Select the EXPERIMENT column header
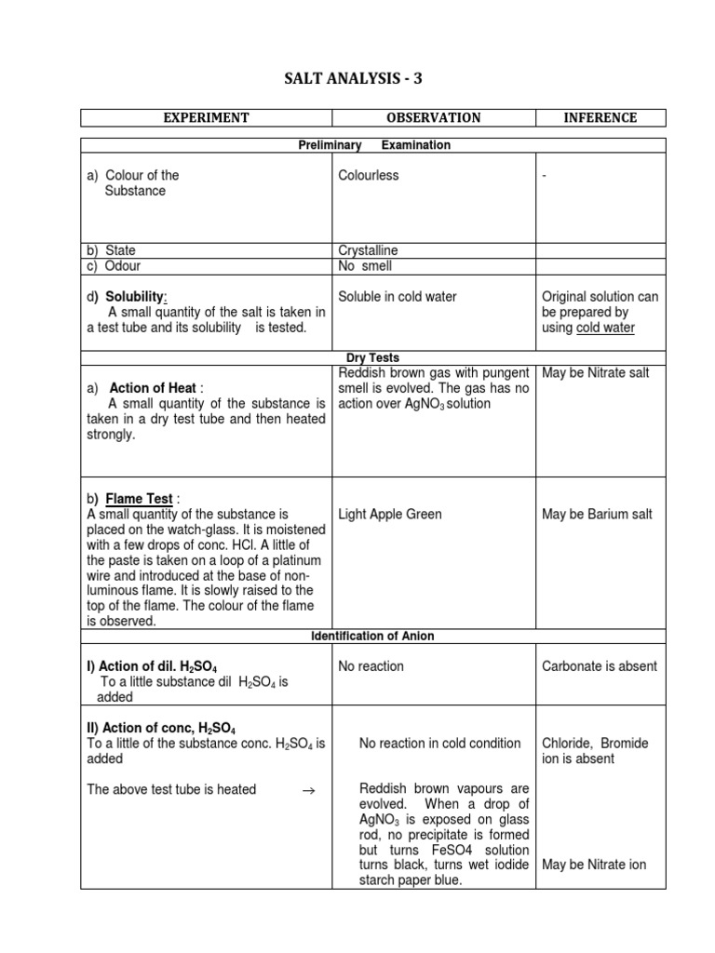(x=206, y=117)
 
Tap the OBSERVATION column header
(x=433, y=117)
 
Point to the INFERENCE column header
(x=600, y=117)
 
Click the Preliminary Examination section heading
(x=372, y=145)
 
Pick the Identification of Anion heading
(x=372, y=636)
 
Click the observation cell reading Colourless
(x=369, y=175)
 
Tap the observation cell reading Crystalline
(x=369, y=250)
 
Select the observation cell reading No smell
(x=365, y=266)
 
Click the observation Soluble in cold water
(x=398, y=297)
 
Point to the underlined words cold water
(x=605, y=328)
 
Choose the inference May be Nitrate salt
(x=596, y=373)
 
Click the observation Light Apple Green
(x=390, y=514)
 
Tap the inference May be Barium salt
(x=597, y=514)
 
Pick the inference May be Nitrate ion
(x=594, y=865)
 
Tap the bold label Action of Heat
(x=154, y=388)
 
